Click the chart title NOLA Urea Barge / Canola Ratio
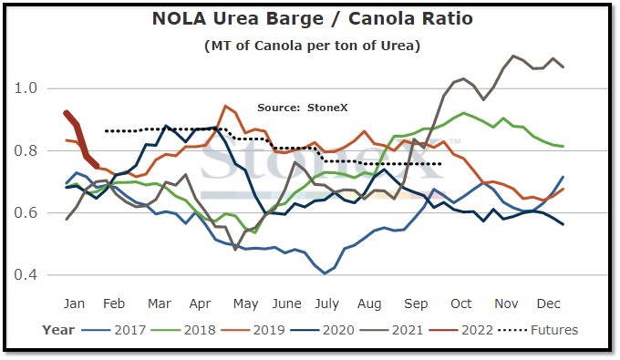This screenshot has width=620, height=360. (x=313, y=18)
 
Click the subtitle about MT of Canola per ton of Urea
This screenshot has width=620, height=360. (x=313, y=46)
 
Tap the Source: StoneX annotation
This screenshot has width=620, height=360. (x=303, y=108)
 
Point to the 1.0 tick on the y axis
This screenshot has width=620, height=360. (x=26, y=88)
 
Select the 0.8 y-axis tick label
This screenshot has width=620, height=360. (x=26, y=150)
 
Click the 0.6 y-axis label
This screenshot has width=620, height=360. (x=26, y=212)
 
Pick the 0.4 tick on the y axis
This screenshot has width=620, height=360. (x=26, y=274)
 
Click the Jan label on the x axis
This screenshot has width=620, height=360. (x=74, y=303)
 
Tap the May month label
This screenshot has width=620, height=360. (x=245, y=303)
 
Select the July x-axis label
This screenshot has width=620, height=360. (x=327, y=303)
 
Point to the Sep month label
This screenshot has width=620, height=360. (x=416, y=303)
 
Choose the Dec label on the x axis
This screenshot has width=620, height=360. (x=549, y=303)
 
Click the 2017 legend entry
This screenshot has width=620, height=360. (x=114, y=330)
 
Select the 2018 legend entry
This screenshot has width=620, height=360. (x=183, y=330)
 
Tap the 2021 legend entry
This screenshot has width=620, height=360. (x=392, y=330)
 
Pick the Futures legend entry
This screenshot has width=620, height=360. (x=539, y=330)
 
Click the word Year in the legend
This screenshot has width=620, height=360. (x=58, y=330)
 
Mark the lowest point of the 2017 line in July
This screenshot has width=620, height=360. (x=325, y=273)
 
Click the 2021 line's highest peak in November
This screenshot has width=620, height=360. (x=513, y=56)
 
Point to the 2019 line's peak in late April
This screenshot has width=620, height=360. (x=225, y=106)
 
